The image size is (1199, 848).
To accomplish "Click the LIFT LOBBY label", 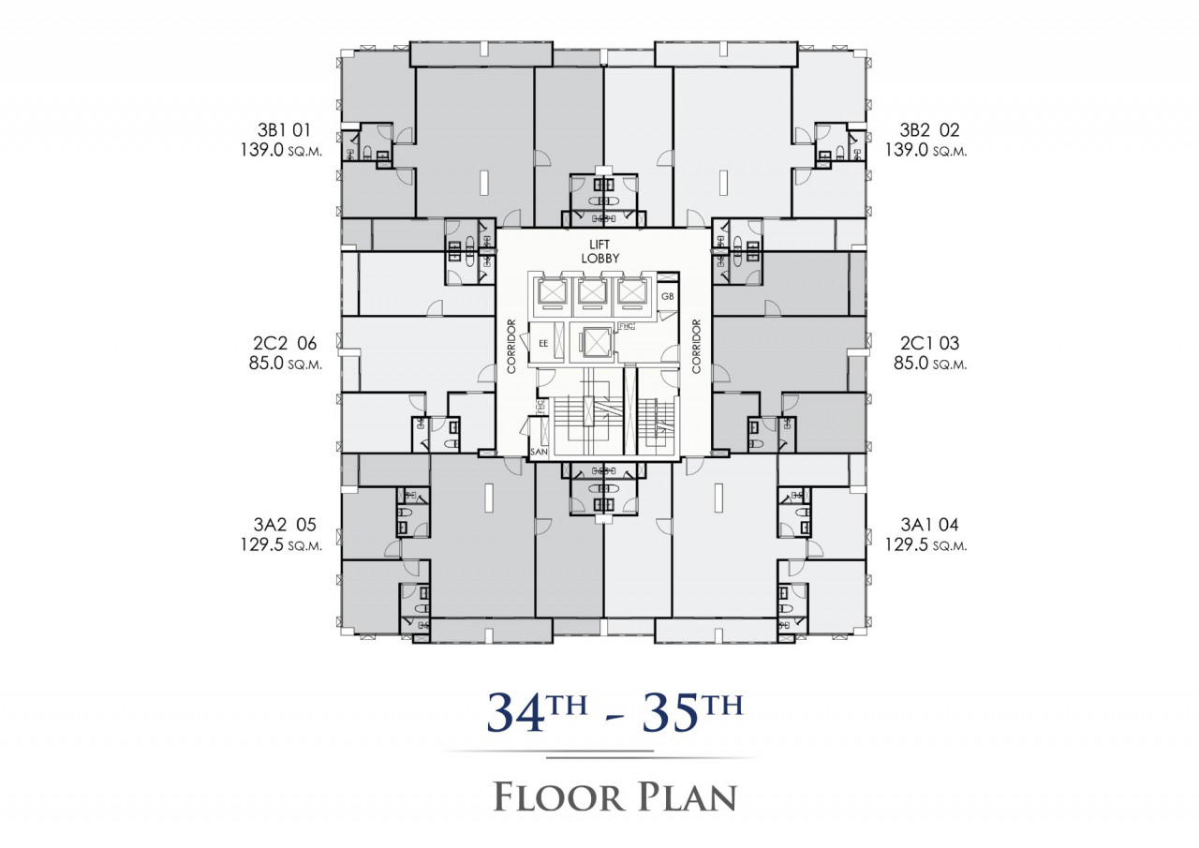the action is coord(600,252).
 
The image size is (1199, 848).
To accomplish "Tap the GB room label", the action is coord(667,297).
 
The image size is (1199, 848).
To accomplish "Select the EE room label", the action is coord(543,344).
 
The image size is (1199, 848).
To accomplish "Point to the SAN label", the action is coord(539,452).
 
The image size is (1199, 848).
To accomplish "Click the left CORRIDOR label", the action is coord(511,347).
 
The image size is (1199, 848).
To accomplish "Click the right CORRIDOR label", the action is coord(696,347).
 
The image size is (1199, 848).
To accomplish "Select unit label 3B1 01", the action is coord(284,130).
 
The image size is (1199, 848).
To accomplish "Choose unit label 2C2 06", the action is coord(285,343).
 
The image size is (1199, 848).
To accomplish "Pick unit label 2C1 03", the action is coord(930,343).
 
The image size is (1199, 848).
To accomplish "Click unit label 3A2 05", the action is coord(285,525).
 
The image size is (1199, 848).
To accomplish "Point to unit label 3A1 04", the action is coord(930,525).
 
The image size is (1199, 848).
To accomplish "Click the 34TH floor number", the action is coord(537,714).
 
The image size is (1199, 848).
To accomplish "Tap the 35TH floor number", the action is coord(693,714).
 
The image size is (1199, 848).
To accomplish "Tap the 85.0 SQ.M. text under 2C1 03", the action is coord(930,364).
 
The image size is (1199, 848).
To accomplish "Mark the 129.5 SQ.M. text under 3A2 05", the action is coord(282,545).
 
